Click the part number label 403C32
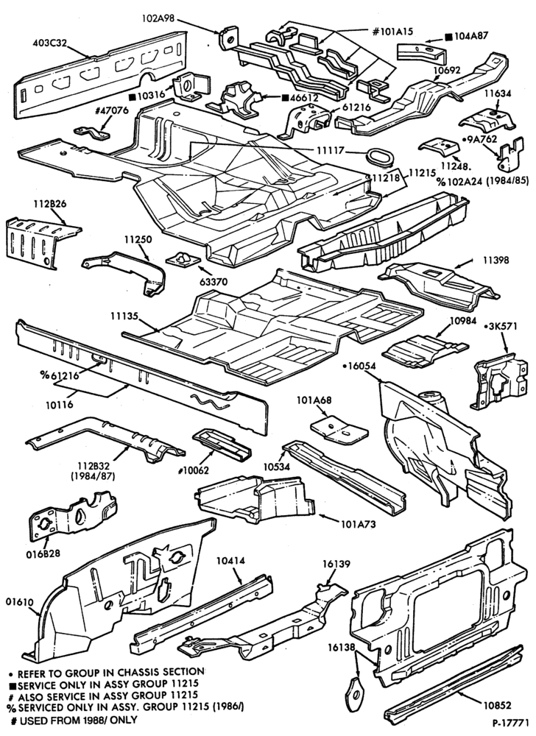pos(50,43)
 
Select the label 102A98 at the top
pos(158,18)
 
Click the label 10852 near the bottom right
pos(497,705)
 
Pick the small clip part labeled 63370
pos(183,258)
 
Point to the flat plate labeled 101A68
pos(339,428)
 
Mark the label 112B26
pos(50,204)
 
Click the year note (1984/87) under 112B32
pos(92,476)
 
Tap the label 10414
pos(231,560)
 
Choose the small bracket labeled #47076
pos(91,132)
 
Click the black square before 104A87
pos(449,36)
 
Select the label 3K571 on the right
pos(503,326)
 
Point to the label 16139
pos(336,564)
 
